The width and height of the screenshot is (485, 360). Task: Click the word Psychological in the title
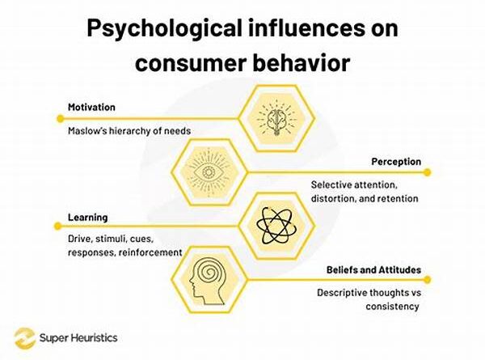tap(164, 29)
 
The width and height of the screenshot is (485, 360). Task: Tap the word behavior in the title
tap(302, 62)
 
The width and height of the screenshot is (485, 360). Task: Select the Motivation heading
tap(91, 107)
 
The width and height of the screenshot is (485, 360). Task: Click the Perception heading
tap(396, 162)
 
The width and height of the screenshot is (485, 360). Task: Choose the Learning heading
tap(88, 218)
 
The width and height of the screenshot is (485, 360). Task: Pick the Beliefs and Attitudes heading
tap(373, 269)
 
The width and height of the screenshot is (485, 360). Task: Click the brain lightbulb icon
tap(276, 119)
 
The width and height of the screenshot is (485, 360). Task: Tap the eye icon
tap(209, 172)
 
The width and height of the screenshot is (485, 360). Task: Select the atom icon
tap(276, 226)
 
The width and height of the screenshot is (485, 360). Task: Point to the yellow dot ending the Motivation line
tap(61, 119)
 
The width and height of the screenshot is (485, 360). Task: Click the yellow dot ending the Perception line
tap(427, 172)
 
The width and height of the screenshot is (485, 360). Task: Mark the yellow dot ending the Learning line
tap(57, 227)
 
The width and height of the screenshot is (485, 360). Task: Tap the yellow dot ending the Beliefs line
tap(427, 280)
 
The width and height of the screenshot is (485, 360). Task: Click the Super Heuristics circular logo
tap(25, 338)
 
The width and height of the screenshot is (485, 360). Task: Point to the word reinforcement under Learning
tap(150, 252)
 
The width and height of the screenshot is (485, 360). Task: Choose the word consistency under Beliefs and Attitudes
tap(393, 307)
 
